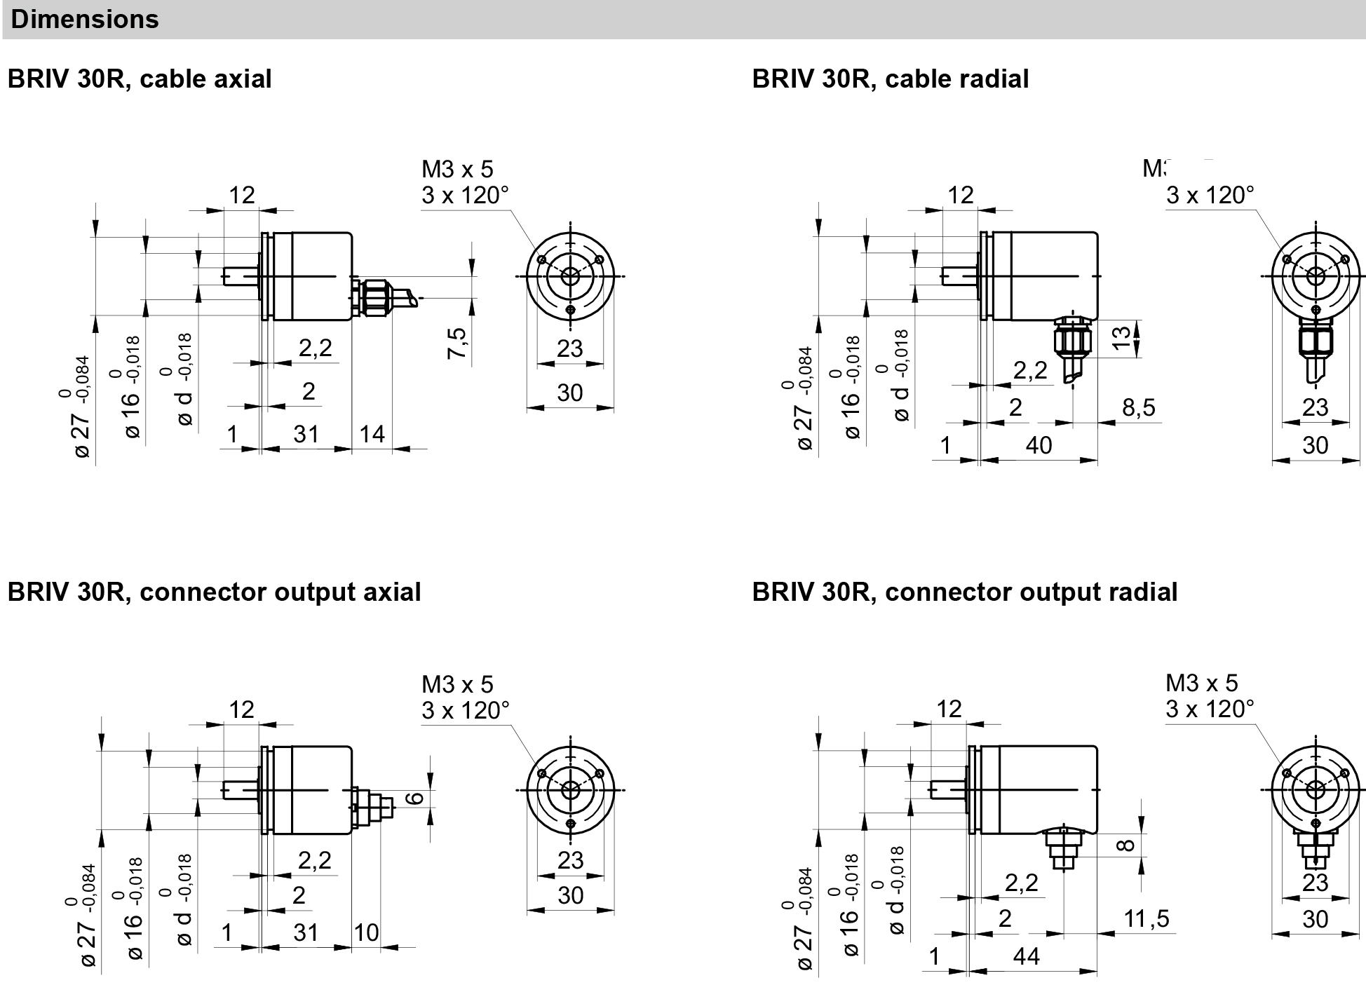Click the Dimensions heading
[x=85, y=19]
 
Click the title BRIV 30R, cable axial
[x=139, y=79]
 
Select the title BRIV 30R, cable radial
[x=890, y=79]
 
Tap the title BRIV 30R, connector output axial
[x=214, y=592]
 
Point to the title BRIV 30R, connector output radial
[x=964, y=592]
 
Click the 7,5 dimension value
[x=457, y=343]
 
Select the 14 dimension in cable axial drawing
[x=372, y=434]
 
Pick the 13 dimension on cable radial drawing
[x=1123, y=337]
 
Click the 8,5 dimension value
[x=1139, y=407]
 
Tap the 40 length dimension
[x=1039, y=445]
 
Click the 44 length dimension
[x=1027, y=956]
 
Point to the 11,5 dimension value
[x=1147, y=918]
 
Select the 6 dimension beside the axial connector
[x=415, y=798]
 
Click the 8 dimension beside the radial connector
[x=1126, y=845]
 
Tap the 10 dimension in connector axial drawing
[x=366, y=932]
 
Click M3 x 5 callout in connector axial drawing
[x=457, y=684]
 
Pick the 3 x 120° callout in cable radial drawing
[x=1210, y=195]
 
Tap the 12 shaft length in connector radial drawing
[x=949, y=709]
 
